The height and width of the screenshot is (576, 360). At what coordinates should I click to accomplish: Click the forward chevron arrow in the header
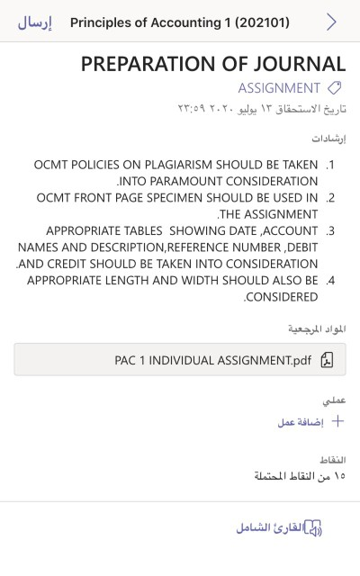click(331, 22)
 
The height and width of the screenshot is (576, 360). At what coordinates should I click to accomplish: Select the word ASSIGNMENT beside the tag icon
click(279, 88)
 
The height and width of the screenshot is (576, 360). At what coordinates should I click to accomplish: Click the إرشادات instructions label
click(329, 139)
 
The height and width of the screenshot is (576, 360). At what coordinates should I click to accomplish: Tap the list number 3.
click(330, 230)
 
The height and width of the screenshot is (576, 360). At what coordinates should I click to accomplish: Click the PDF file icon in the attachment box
click(327, 360)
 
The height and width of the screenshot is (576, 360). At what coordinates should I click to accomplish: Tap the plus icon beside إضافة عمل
click(338, 421)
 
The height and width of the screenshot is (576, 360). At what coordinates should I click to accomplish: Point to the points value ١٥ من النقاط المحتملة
click(300, 475)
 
